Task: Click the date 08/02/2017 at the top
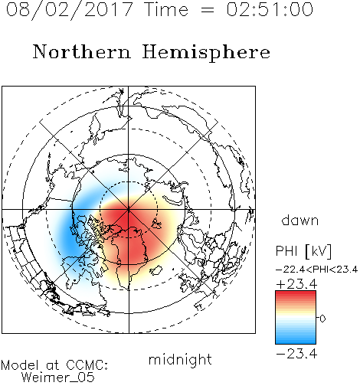(70, 10)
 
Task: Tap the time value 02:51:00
(270, 9)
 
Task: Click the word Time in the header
(166, 9)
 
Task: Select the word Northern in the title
(82, 51)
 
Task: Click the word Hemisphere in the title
(206, 53)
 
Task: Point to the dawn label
(300, 220)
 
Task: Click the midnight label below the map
(180, 359)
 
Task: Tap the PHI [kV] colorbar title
(303, 251)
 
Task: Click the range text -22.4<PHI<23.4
(316, 270)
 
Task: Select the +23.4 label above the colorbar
(296, 284)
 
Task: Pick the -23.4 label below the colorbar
(296, 354)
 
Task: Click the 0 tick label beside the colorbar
(322, 319)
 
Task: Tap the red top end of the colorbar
(296, 293)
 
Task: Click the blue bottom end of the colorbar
(296, 342)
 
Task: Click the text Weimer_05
(57, 377)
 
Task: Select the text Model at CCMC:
(54, 365)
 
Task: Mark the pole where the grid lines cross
(129, 210)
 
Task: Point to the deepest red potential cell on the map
(126, 217)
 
